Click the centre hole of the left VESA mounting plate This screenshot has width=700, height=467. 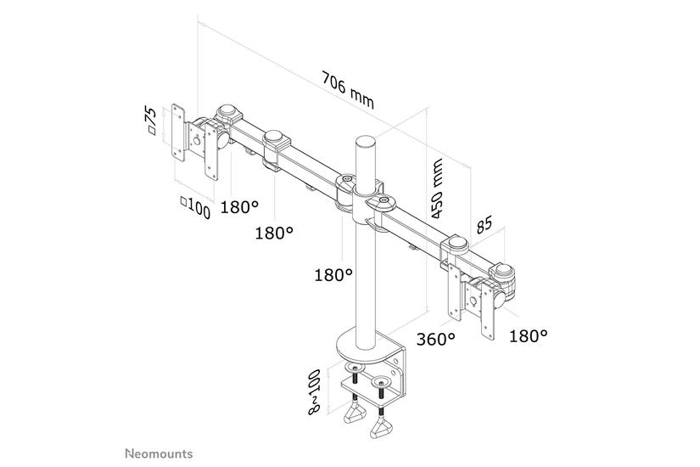point(195,142)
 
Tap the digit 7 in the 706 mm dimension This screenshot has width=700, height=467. point(328,80)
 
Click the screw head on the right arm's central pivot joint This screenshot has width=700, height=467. point(384,200)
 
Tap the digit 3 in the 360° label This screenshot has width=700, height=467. point(422,340)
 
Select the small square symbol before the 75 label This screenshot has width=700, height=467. point(152,131)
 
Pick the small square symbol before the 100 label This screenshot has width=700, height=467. point(184,201)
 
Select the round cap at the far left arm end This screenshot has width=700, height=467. point(227,110)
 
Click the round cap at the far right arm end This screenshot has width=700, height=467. point(503,269)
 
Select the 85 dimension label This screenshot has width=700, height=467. point(484,226)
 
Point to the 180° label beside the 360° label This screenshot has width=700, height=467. point(529,336)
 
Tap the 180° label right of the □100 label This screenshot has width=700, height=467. point(240,207)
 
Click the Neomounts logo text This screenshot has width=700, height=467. point(159,453)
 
